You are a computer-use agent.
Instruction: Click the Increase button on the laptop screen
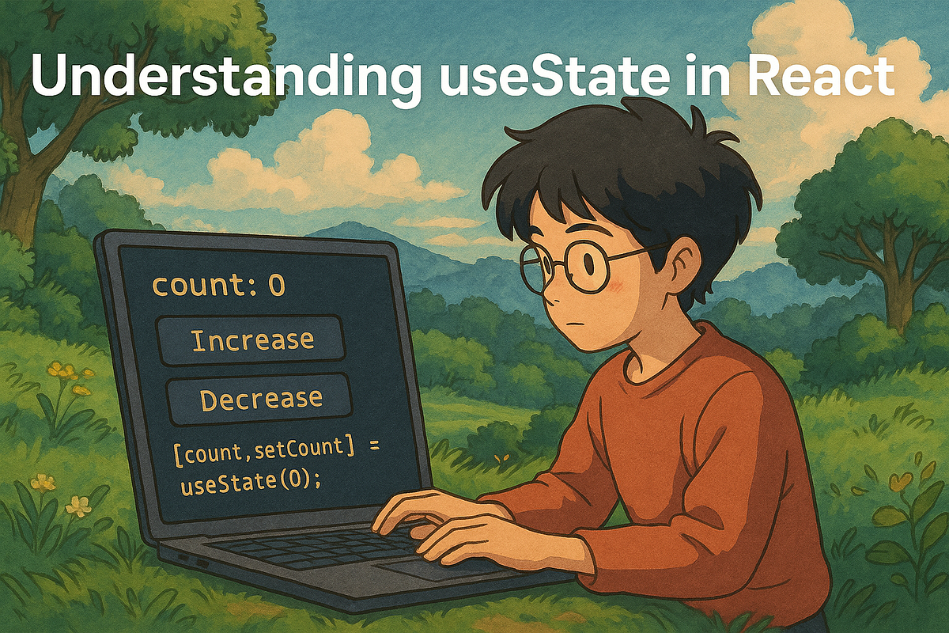point(251,340)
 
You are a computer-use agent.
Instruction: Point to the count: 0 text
point(217,286)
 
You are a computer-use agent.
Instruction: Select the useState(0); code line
point(251,482)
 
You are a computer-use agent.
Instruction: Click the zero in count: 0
point(276,286)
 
